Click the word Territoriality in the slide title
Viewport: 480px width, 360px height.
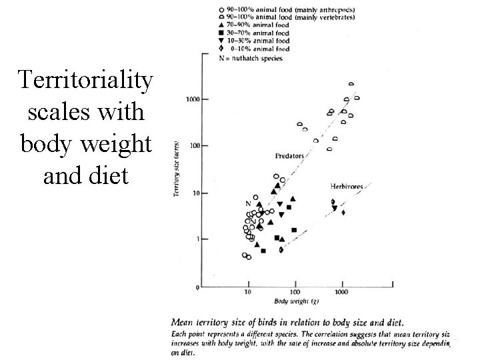(86, 81)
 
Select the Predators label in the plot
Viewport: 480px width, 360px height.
(289, 155)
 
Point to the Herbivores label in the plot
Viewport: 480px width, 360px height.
(346, 185)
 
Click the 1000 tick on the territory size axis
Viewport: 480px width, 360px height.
(192, 99)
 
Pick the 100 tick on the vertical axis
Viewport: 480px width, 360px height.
(194, 145)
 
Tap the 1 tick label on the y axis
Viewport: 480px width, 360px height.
(197, 239)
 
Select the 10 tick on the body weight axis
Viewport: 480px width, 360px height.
(247, 293)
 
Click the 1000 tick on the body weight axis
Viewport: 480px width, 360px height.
(341, 293)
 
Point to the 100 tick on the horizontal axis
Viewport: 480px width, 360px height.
(295, 293)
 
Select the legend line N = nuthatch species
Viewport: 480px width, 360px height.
(251, 58)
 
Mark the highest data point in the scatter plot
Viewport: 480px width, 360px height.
(351, 85)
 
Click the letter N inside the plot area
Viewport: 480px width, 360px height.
(248, 203)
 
